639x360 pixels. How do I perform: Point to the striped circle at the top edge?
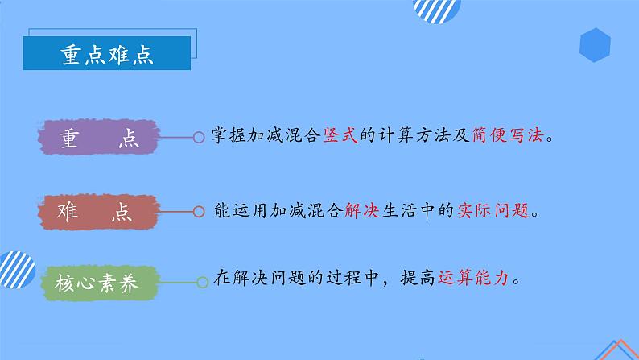pos(436,10)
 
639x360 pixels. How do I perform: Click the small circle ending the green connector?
pos(202,282)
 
